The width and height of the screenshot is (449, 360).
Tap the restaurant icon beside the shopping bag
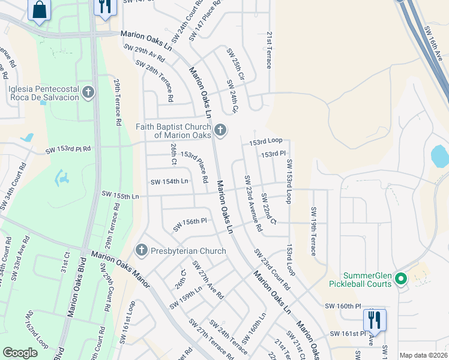105,7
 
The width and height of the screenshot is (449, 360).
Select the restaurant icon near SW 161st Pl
375,319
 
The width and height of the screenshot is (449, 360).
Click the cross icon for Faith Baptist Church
220,130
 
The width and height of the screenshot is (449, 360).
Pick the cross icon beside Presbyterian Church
142,250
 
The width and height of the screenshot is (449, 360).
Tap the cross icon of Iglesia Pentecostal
88,92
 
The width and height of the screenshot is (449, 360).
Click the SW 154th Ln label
169,181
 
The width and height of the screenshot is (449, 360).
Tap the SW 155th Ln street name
120,195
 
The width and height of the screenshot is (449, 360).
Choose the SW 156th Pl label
190,224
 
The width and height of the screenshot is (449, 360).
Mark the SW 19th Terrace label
313,231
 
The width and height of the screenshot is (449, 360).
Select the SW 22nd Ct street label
268,209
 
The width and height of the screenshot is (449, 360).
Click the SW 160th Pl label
343,307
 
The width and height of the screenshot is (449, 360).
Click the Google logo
20,353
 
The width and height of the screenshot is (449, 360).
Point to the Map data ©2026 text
424,355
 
